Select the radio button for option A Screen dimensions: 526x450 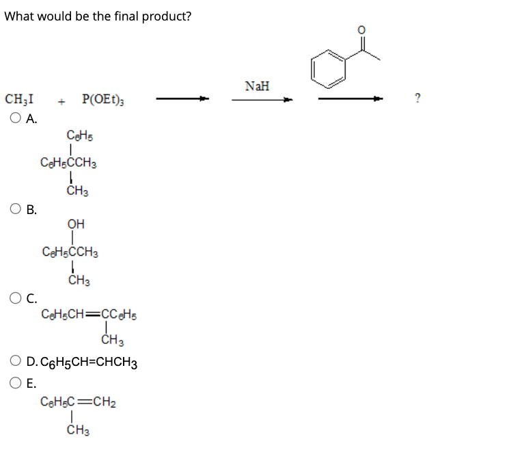click(x=16, y=117)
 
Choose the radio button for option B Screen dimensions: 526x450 click(x=16, y=208)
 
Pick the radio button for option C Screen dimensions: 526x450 click(x=16, y=297)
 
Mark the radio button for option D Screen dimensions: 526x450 click(x=16, y=362)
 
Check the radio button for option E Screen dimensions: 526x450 click(x=16, y=383)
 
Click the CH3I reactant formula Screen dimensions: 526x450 click(x=21, y=99)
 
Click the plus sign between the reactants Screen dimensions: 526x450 click(x=61, y=101)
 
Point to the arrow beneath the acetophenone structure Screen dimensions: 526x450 click(x=351, y=99)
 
